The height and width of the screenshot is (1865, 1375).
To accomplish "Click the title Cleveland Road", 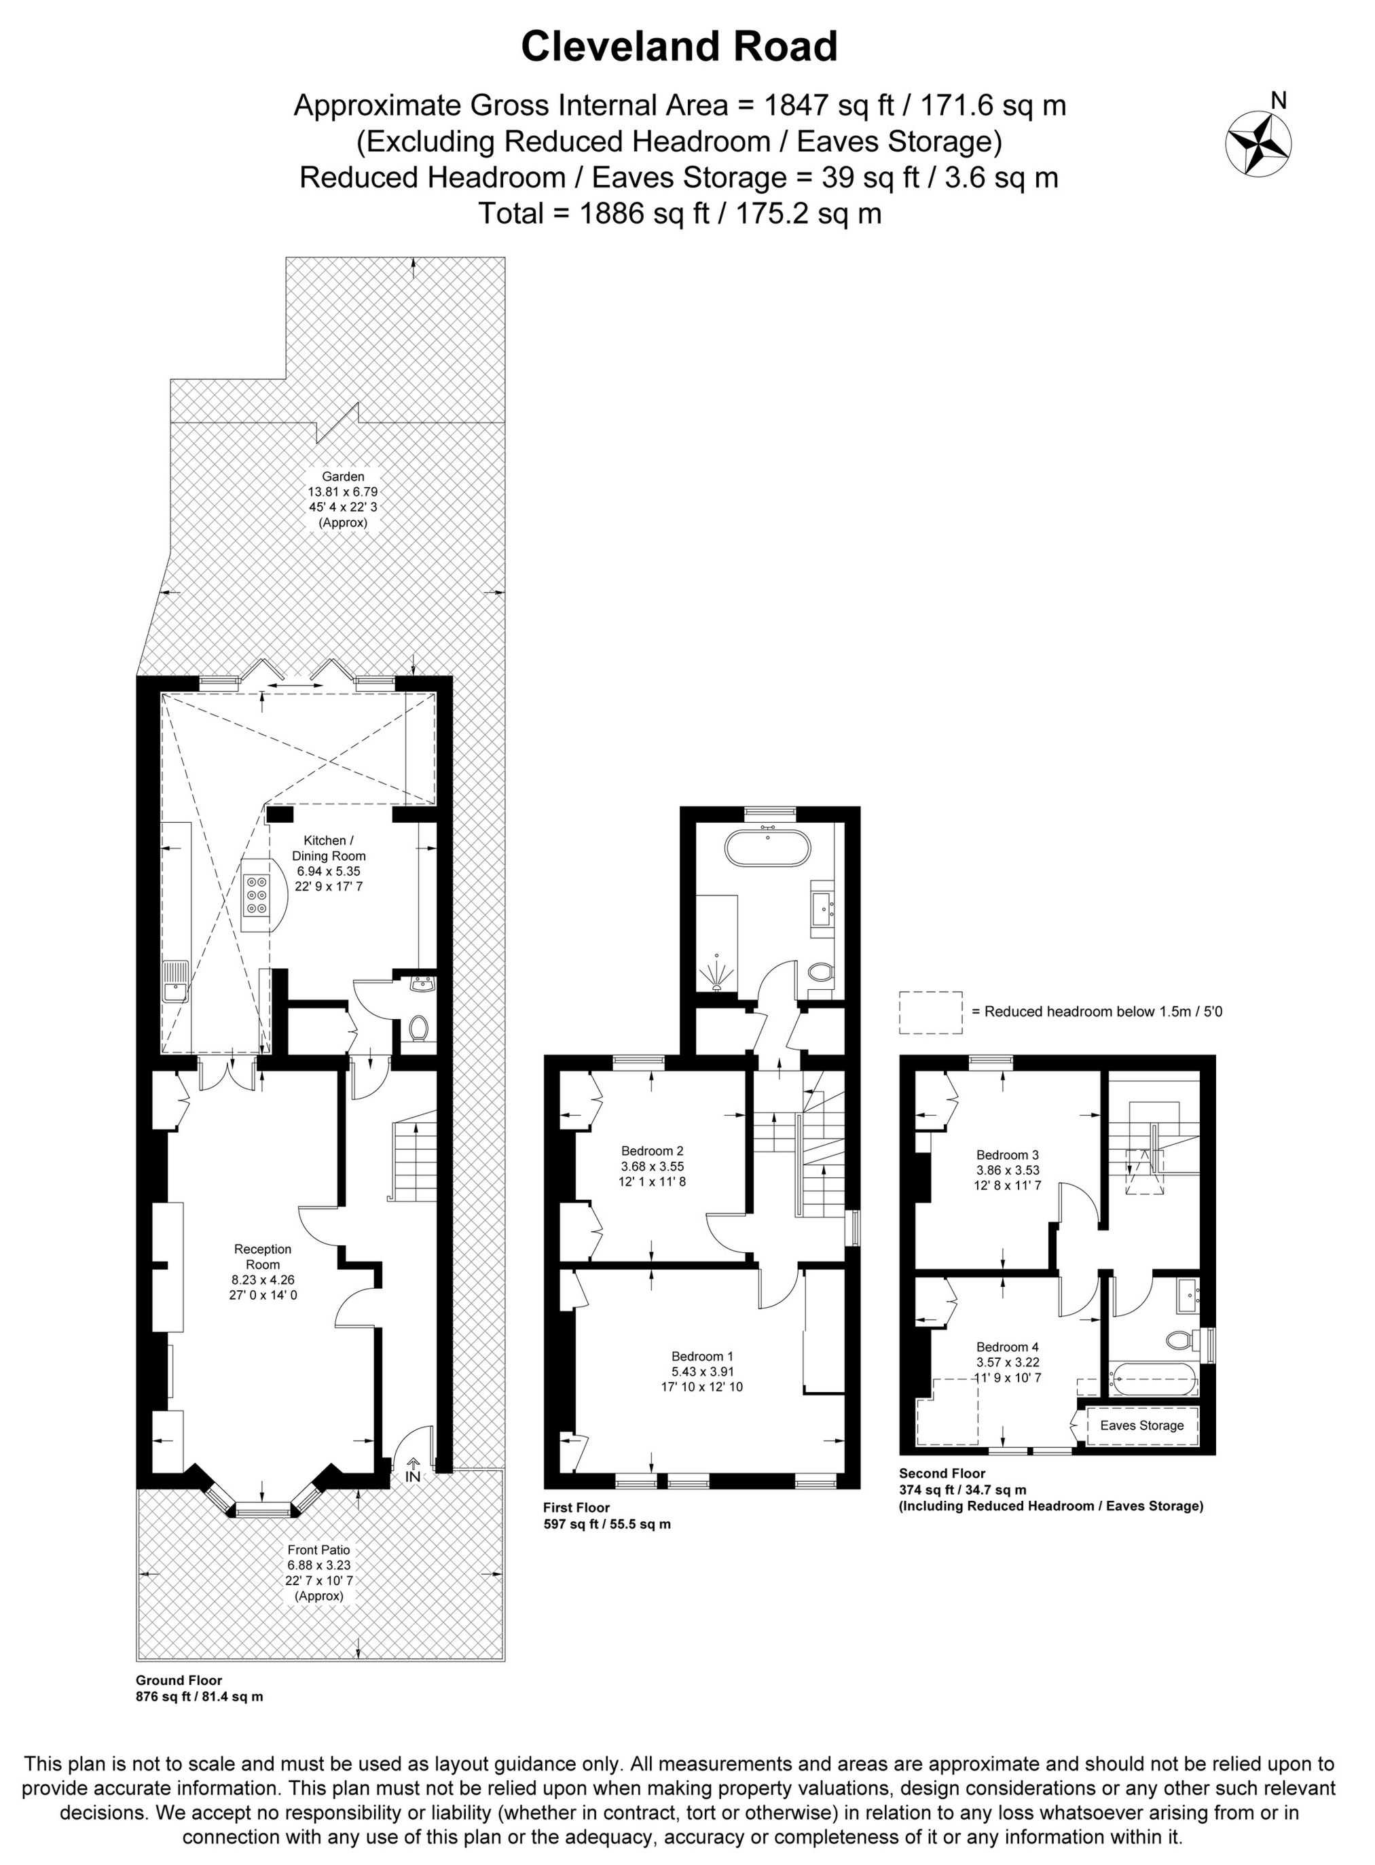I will [678, 48].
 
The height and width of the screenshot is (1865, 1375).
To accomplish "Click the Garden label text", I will [343, 476].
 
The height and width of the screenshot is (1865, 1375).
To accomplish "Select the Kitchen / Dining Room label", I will [328, 849].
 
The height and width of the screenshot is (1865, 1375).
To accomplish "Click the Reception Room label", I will [263, 1256].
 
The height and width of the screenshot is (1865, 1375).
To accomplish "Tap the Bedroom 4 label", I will [1007, 1347].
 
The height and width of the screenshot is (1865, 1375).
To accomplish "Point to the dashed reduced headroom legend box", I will [930, 1012].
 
